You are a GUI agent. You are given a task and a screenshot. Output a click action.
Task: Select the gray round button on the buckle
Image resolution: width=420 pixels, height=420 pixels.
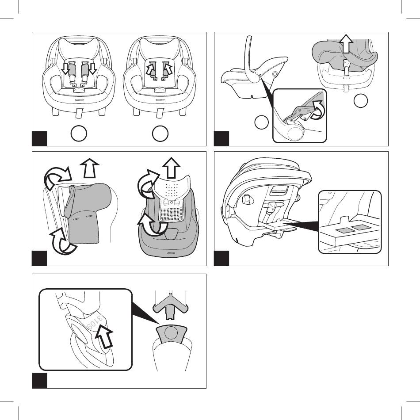pos(171,333)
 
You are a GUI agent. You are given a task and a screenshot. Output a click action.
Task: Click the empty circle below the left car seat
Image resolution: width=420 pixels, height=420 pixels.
pos(79,133)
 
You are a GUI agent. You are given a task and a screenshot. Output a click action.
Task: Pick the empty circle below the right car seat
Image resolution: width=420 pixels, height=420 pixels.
pos(160,133)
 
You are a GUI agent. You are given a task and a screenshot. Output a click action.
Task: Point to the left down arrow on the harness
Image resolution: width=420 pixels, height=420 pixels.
pos(65,68)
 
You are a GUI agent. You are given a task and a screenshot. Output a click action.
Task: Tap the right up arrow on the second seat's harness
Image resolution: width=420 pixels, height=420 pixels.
pos(168,68)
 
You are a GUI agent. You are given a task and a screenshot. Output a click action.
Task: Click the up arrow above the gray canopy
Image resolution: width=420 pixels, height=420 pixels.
pos(346,43)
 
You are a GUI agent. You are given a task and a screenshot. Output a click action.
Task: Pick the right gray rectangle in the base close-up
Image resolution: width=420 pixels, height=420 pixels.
pos(359,228)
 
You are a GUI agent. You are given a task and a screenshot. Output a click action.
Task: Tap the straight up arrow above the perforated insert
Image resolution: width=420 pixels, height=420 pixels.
pos(171,168)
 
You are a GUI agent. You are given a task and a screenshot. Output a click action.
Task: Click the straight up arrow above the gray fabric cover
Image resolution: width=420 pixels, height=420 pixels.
pos(89,168)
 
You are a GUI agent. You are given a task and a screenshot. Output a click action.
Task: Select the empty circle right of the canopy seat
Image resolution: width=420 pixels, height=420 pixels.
pos(360,101)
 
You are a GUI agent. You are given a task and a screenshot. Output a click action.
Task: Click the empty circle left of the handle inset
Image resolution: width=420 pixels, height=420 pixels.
pos(261,122)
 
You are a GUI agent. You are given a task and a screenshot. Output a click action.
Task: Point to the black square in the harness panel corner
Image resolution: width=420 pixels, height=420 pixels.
pos(39,138)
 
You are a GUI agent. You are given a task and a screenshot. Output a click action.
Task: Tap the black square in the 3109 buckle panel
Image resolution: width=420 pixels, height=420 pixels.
pos(39,380)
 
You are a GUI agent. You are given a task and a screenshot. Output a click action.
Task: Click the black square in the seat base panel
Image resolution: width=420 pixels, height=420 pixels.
pos(221,258)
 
